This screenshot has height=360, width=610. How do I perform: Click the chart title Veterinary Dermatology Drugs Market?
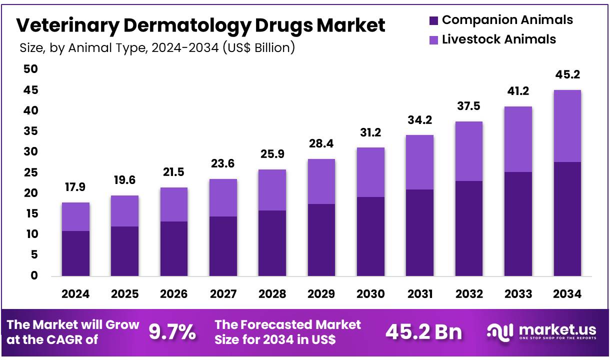point(200,25)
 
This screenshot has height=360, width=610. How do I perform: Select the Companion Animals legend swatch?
point(433,20)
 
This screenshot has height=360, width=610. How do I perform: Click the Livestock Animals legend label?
point(498,39)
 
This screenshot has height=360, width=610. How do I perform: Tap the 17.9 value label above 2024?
point(75,187)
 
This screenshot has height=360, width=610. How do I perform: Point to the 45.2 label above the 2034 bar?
point(567,75)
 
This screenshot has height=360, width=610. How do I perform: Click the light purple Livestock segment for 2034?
point(567,126)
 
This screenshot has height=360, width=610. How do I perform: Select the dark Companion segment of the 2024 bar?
point(75,253)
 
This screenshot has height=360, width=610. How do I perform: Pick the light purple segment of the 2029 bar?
point(321,181)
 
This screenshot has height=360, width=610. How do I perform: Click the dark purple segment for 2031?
point(419,232)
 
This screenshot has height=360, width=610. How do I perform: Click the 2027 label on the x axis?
point(223,294)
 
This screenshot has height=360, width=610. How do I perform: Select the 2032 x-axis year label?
point(468,294)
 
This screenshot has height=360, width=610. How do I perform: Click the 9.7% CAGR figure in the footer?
point(172,332)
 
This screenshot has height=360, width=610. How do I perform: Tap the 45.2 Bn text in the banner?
point(424,332)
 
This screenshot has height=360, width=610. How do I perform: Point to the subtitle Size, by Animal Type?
point(157,48)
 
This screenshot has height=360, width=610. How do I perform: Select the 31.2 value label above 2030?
point(370,132)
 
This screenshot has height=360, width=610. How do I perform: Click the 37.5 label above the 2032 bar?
point(468,106)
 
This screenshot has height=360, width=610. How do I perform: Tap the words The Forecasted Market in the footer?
point(287,324)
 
